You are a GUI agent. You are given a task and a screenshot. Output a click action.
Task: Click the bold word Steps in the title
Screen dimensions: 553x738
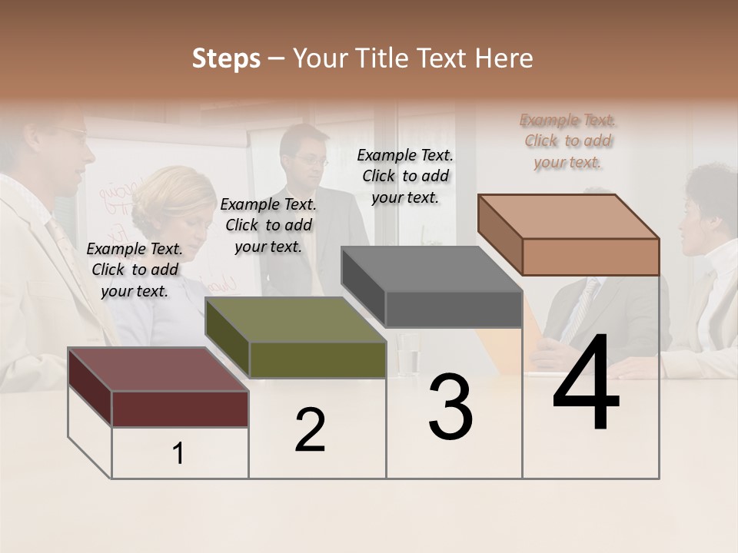coord(225,58)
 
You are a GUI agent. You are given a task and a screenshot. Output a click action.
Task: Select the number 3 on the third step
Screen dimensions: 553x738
coord(450,407)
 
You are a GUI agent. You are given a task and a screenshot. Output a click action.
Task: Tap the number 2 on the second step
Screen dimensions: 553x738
coord(310,430)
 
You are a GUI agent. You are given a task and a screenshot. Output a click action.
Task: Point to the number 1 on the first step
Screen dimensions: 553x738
coord(178,454)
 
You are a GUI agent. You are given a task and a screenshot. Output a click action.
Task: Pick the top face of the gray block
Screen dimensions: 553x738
coord(431,270)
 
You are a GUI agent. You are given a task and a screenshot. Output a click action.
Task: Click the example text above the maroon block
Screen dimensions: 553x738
coord(135,270)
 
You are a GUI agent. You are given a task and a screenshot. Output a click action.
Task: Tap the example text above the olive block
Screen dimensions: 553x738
coord(268,226)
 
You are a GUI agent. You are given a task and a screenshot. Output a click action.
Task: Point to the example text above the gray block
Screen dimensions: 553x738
coord(405,177)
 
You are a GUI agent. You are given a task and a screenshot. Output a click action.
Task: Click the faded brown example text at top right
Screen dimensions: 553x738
coord(568,141)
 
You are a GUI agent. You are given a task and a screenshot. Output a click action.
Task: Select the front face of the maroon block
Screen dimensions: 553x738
coord(180,409)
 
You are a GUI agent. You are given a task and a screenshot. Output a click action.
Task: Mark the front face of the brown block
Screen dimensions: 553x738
coord(590,257)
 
